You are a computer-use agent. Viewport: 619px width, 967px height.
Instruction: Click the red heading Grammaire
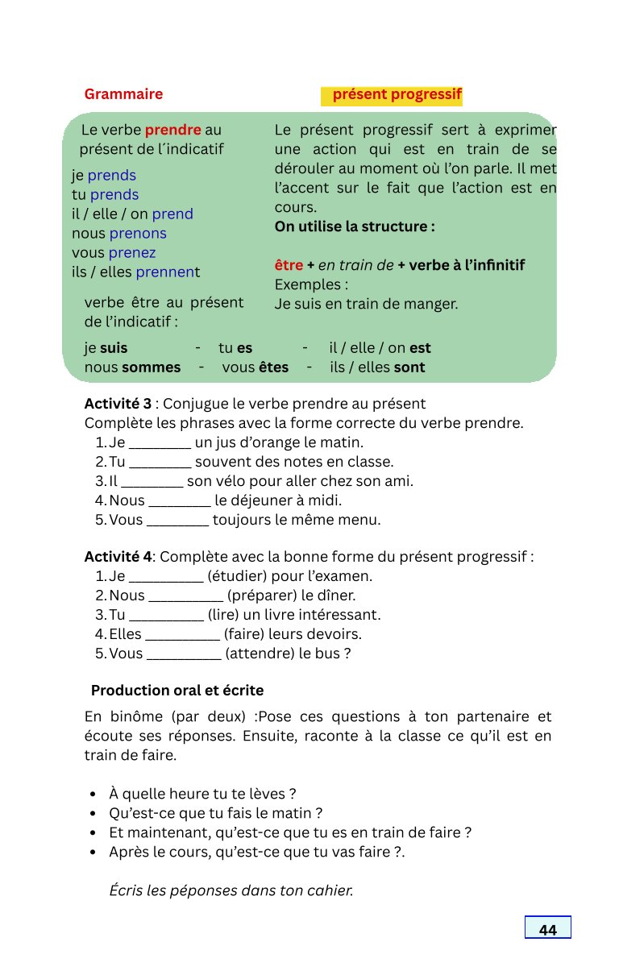[x=123, y=94]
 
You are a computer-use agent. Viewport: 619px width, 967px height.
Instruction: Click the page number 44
[x=547, y=930]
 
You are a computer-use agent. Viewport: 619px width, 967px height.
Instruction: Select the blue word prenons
[x=138, y=234]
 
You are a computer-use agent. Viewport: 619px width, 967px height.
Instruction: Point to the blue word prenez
[x=133, y=253]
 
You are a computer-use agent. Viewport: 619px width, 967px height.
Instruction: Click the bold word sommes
[x=152, y=367]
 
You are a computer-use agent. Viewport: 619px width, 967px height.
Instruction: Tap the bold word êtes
[x=273, y=367]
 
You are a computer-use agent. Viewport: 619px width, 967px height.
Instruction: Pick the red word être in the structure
[x=289, y=266]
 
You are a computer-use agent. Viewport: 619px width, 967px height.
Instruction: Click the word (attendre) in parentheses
[x=260, y=654]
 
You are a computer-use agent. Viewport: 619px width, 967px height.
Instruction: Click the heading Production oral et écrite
[x=177, y=691]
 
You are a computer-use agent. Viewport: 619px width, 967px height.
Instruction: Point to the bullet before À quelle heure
[x=95, y=794]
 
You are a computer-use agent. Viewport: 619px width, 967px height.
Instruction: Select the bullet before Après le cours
[x=95, y=852]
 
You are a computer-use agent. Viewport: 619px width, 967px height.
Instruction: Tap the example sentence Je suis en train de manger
[x=366, y=305]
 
